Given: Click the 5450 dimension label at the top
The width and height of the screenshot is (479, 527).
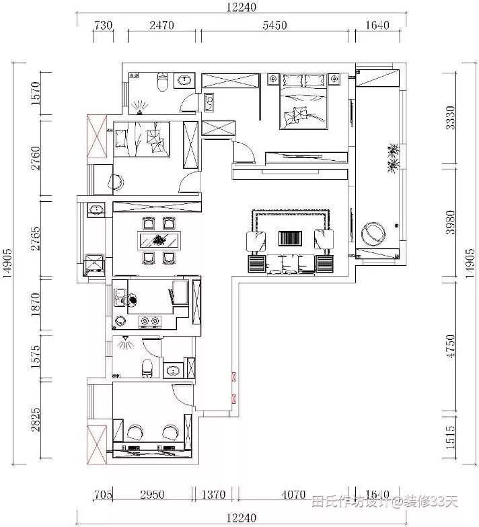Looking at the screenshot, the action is coord(274,25).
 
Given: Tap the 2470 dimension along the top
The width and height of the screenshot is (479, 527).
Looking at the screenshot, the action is coord(161,25).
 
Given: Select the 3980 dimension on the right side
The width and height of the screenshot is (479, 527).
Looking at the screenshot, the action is coord(450,222).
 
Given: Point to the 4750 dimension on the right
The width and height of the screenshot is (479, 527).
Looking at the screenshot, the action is coord(450,346).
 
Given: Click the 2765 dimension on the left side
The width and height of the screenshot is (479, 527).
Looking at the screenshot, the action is coord(35,238).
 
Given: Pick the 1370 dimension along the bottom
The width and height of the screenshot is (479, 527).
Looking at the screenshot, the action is coord(213,495).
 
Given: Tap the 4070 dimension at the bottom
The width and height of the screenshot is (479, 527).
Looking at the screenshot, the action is coord(293,495).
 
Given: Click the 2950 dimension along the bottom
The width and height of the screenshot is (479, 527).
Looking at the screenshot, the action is coord(152,495).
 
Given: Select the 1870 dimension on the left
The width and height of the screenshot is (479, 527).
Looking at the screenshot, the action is coord(35,304).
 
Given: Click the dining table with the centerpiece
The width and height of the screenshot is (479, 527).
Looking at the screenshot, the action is coord(159,240).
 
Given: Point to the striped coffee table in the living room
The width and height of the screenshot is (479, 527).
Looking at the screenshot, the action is coord(290,238).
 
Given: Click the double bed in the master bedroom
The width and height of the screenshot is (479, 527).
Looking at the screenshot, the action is coord(303,102).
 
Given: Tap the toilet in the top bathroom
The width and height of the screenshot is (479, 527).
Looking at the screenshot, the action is coord(163,81).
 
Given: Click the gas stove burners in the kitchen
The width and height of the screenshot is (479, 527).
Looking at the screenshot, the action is coord(150,321).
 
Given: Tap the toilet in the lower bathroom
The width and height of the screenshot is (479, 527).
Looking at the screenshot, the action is coord(147,368).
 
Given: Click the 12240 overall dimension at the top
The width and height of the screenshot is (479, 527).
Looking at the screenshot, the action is coord(241,7).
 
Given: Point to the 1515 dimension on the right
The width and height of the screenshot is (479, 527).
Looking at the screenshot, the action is coord(450,437).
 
